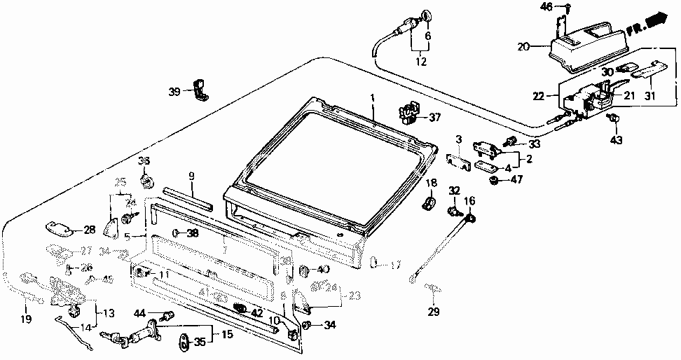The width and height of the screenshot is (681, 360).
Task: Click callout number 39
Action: (x=174, y=92)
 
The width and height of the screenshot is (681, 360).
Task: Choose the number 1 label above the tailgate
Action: (x=373, y=97)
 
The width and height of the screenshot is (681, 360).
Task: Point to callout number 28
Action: (x=89, y=230)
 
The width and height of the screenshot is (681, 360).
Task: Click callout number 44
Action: (x=140, y=313)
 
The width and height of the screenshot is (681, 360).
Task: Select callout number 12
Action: (x=420, y=62)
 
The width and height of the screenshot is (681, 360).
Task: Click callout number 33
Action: (x=535, y=144)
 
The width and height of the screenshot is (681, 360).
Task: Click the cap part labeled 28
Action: (x=60, y=228)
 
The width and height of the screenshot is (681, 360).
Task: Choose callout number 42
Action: (x=257, y=313)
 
